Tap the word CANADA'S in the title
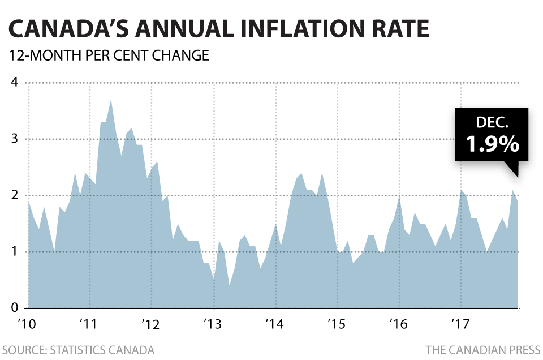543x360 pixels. [x=69, y=29]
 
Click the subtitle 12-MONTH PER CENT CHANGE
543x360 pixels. [x=106, y=56]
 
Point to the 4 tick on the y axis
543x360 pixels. [x=14, y=83]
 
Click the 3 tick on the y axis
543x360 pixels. [x=14, y=139]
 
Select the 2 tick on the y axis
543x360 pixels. [x=14, y=195]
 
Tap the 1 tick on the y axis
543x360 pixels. [x=14, y=252]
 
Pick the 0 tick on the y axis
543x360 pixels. [x=14, y=308]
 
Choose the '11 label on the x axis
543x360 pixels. [x=88, y=324]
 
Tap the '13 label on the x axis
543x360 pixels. [x=213, y=324]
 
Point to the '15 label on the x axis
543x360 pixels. [x=337, y=324]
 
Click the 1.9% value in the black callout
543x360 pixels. [x=492, y=144]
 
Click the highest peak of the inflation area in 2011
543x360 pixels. [x=111, y=100]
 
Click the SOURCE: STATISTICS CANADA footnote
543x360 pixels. [x=78, y=350]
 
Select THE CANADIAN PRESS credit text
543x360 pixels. [x=482, y=350]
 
